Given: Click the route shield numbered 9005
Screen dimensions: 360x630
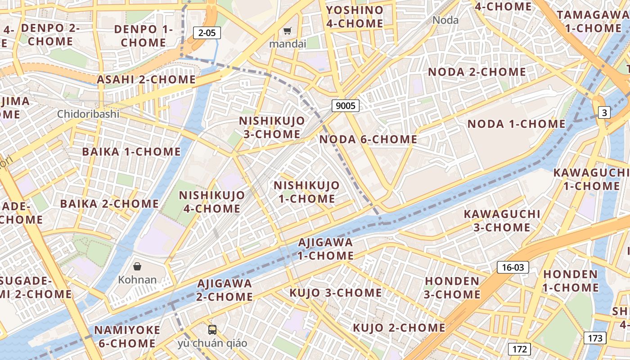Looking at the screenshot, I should tap(346, 106).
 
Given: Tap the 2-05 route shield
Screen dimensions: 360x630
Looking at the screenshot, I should tap(207, 32).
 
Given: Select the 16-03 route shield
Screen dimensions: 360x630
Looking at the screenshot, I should tap(513, 268).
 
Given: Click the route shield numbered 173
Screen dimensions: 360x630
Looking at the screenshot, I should tap(595, 338).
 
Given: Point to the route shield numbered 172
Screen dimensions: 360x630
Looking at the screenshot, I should tap(520, 349).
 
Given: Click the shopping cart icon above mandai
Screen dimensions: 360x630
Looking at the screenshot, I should tap(288, 31).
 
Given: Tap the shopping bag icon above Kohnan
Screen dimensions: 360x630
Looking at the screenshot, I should tap(137, 266).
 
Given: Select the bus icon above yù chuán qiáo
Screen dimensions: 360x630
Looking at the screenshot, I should tap(212, 329).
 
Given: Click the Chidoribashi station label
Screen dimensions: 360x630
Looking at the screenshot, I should tap(88, 114).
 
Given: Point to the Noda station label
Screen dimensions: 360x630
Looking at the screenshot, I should tap(445, 20).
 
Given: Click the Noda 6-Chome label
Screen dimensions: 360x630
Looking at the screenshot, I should tap(368, 139).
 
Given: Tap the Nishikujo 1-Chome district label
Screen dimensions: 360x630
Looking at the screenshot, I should tap(306, 192).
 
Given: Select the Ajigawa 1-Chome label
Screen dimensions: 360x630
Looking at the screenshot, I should tap(326, 249).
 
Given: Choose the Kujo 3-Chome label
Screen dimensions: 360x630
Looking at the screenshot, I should tap(335, 293).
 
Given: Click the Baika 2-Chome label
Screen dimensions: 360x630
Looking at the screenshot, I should tap(109, 204).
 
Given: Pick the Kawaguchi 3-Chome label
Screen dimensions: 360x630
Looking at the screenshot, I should tap(502, 220).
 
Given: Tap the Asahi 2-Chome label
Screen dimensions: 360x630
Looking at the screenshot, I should tap(146, 80).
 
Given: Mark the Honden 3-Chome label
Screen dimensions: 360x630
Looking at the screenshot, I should tap(452, 288).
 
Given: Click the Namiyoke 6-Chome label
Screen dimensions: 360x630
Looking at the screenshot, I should tap(127, 337).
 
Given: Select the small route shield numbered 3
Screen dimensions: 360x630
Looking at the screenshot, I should tap(604, 112).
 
